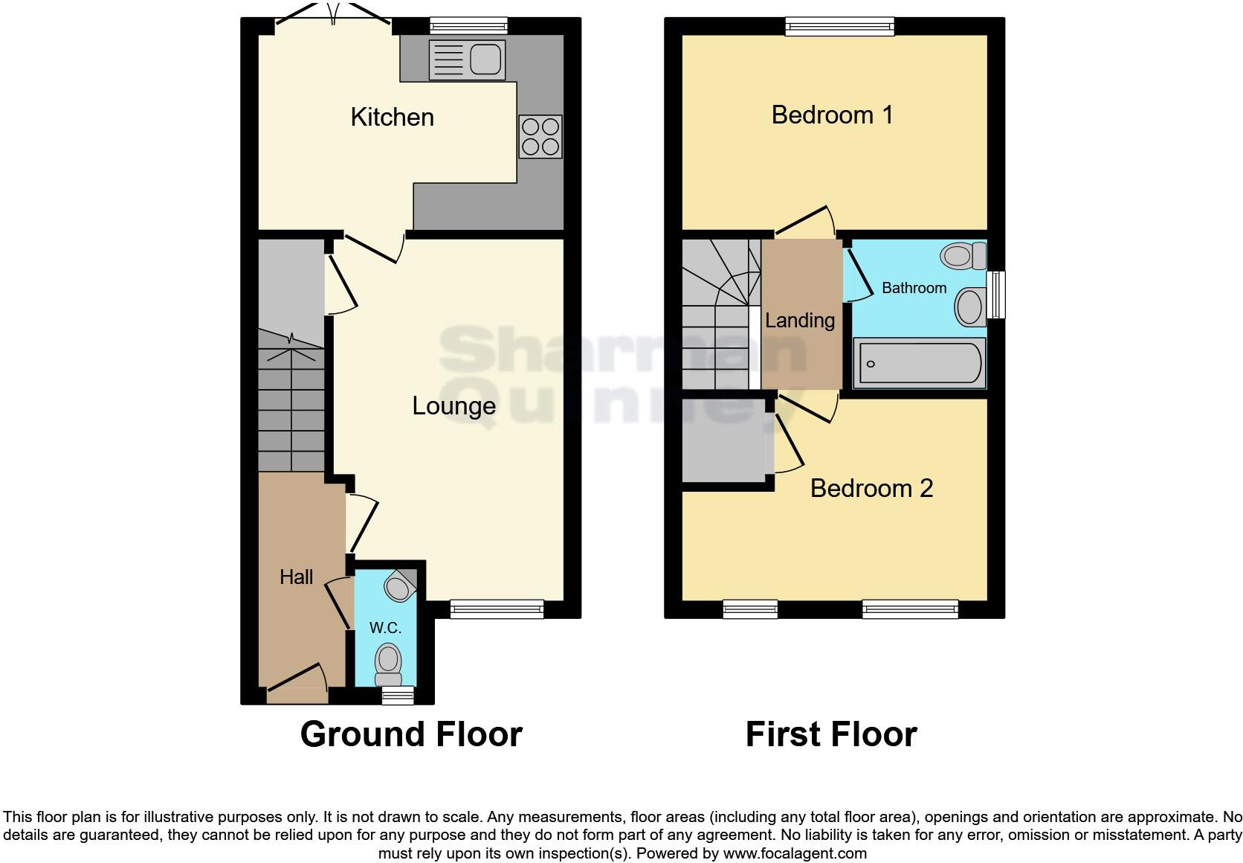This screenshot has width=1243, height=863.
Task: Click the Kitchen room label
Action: tap(392, 118)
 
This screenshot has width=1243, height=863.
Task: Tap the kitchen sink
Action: tap(467, 60)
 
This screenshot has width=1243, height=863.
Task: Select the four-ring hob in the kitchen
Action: tap(540, 137)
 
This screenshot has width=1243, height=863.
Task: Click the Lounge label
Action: tap(453, 406)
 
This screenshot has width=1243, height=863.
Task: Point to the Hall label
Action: tap(296, 577)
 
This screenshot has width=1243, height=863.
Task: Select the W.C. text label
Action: tap(385, 628)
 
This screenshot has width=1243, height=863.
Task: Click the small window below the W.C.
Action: tap(397, 695)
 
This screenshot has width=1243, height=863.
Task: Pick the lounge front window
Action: tap(497, 609)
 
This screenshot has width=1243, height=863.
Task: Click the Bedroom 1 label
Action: tap(832, 115)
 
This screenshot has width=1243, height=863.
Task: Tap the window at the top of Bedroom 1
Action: tap(840, 27)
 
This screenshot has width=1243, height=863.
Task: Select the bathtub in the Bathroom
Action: tap(920, 363)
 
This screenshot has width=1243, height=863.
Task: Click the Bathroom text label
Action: tap(914, 288)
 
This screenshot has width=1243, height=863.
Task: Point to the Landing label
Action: tap(800, 321)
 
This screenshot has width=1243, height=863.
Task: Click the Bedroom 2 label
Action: tap(871, 489)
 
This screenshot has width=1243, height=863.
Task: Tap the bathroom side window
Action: tap(996, 295)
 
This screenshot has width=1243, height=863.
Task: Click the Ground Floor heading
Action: tap(411, 734)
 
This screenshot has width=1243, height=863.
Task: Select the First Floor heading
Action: tap(831, 734)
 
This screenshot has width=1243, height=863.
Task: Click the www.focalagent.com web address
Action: tap(795, 853)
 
